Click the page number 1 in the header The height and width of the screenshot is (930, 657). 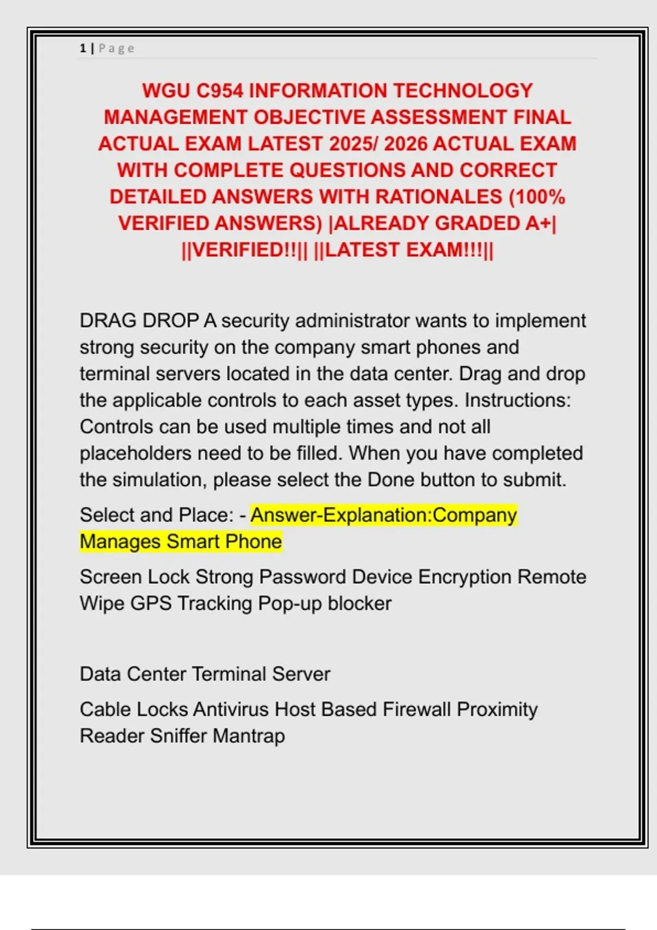(83, 48)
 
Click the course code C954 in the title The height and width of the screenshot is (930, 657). (220, 91)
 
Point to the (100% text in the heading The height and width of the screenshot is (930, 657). (537, 197)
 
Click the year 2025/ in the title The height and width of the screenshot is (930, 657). (353, 144)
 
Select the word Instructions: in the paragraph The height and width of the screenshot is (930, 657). (517, 400)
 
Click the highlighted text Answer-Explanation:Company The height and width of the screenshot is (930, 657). (384, 515)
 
